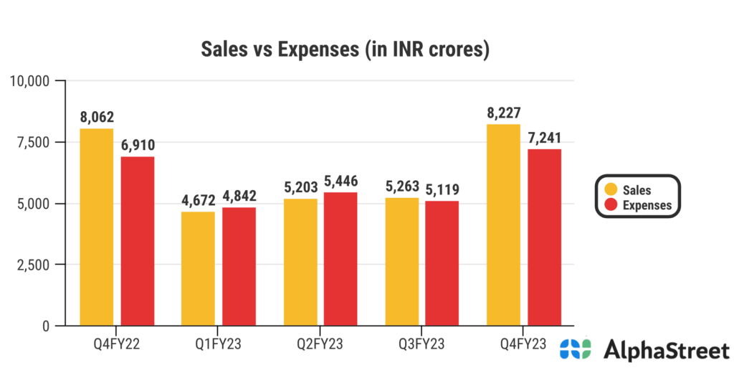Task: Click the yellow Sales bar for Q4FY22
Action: pos(96,227)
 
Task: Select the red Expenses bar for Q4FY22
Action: pos(137,241)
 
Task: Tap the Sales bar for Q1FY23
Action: pos(198,268)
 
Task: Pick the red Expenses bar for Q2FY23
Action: pos(340,259)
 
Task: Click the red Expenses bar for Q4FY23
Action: pos(544,237)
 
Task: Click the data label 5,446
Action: pos(340,181)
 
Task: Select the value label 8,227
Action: pos(503,113)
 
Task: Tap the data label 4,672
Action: pos(198,201)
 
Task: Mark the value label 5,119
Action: pos(442,190)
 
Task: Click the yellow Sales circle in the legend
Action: pos(611,190)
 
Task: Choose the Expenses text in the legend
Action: pos(647,205)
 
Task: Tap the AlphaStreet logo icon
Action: pos(575,350)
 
